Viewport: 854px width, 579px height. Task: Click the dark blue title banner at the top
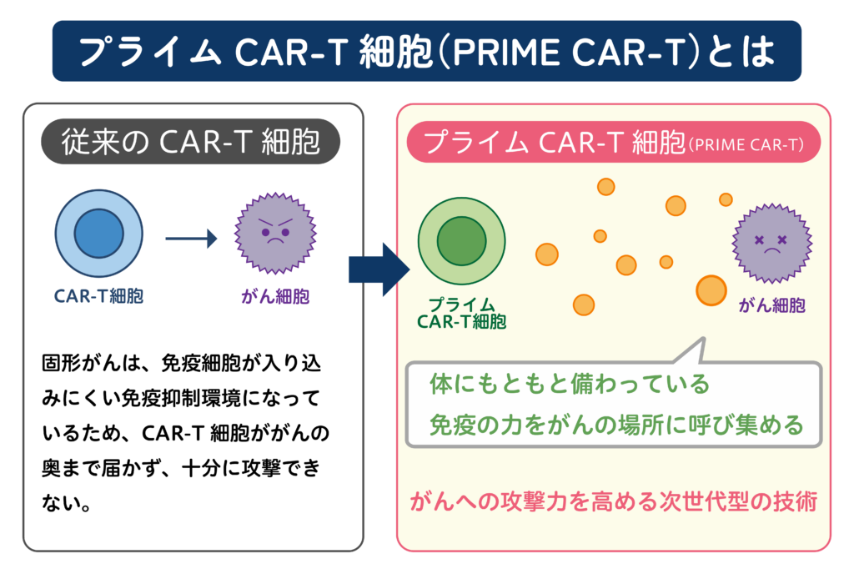pyautogui.click(x=426, y=51)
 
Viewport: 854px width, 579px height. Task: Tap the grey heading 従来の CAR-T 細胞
pyautogui.click(x=191, y=142)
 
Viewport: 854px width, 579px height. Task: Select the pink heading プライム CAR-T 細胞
pyautogui.click(x=555, y=143)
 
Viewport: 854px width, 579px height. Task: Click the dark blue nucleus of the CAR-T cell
pyautogui.click(x=98, y=233)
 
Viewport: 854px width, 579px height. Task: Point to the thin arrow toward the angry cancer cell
pyautogui.click(x=191, y=238)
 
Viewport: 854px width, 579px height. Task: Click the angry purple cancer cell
pyautogui.click(x=275, y=233)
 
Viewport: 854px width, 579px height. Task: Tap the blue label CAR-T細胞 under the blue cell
pyautogui.click(x=98, y=296)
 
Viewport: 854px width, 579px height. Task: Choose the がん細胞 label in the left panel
pyautogui.click(x=275, y=296)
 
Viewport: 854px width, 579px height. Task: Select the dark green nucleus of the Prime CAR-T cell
pyautogui.click(x=461, y=241)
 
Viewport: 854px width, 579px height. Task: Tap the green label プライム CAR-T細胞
pyautogui.click(x=461, y=313)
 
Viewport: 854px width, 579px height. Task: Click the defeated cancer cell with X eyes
pyautogui.click(x=771, y=243)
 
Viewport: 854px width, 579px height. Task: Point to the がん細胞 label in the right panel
pyautogui.click(x=771, y=305)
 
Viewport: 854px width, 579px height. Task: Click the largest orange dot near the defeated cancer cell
pyautogui.click(x=711, y=290)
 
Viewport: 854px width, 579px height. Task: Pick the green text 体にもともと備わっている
pyautogui.click(x=570, y=384)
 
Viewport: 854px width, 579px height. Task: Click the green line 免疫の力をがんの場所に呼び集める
pyautogui.click(x=616, y=425)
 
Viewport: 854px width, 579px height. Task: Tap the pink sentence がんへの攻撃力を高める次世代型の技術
pyautogui.click(x=614, y=501)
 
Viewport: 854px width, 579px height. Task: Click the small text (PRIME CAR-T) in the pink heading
pyautogui.click(x=746, y=145)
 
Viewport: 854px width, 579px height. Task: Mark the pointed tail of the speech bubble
pyautogui.click(x=704, y=339)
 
